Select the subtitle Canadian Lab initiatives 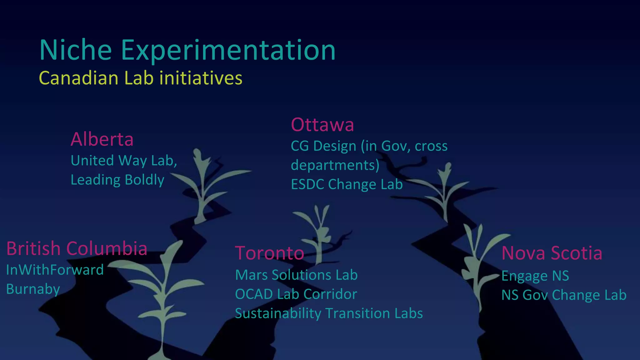[140, 78]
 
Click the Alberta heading [102, 139]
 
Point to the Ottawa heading [322, 124]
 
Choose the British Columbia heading [77, 248]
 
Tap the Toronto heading [269, 253]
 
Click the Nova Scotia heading [552, 253]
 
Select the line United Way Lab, [124, 161]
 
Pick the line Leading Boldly [117, 180]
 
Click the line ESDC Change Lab [347, 184]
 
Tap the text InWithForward [55, 270]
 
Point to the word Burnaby [33, 289]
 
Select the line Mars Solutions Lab [296, 275]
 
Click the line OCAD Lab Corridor [296, 294]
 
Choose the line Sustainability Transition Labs [328, 313]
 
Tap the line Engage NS [535, 276]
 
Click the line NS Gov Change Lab [563, 295]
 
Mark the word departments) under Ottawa [335, 165]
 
